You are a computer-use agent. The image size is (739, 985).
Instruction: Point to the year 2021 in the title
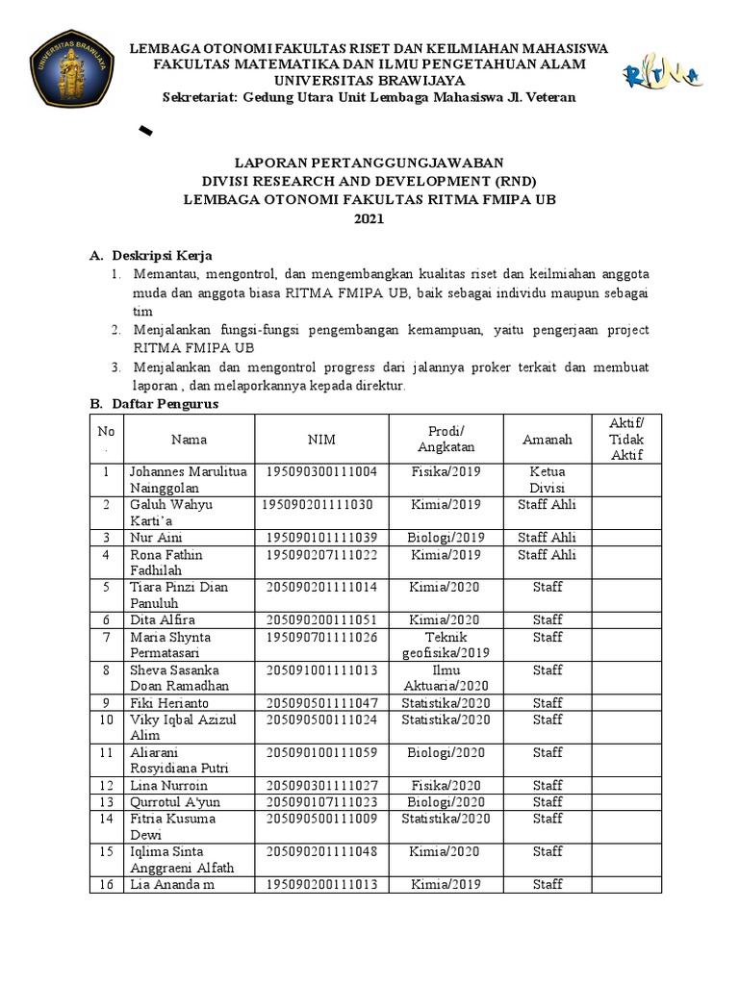tap(369, 219)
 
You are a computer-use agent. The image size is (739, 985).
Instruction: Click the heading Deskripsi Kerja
tap(157, 256)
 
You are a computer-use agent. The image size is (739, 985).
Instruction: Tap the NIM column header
tap(321, 440)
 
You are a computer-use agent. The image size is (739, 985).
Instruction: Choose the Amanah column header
tap(547, 440)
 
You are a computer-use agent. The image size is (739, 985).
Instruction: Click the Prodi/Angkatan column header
tap(446, 439)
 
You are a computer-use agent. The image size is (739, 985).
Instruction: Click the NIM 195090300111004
tap(321, 472)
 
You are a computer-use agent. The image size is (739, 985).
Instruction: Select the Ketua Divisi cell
tap(547, 480)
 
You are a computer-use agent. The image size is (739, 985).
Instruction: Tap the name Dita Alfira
tap(163, 619)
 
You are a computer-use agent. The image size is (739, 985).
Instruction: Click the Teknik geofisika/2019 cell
tap(446, 644)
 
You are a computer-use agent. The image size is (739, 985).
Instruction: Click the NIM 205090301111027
tap(321, 785)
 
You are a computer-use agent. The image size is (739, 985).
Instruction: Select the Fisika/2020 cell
tap(446, 785)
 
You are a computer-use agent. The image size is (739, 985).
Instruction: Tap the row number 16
tap(108, 883)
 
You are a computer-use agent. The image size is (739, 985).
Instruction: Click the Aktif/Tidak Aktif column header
tap(627, 440)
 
